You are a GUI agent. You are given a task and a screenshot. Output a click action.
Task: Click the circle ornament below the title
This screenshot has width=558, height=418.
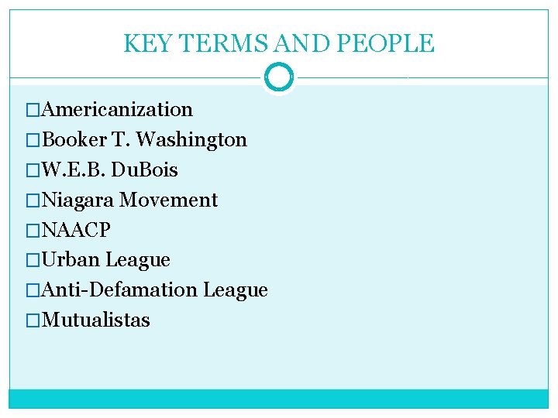pos(279,77)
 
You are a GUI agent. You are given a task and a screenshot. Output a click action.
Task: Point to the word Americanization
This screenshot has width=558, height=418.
pos(118,110)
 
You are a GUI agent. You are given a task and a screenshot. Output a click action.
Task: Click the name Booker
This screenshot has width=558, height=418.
pos(74,140)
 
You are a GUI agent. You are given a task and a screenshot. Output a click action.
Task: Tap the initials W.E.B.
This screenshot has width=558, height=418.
pos(73,170)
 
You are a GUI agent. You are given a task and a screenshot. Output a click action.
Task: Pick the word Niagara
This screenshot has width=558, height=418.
pos(79,200)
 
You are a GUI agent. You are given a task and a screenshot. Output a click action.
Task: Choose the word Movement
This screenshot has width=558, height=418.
pos(169,200)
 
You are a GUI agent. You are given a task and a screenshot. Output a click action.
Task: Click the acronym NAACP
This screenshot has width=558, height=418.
pos(77,230)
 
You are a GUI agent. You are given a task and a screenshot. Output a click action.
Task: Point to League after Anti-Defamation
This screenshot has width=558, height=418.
pos(235,290)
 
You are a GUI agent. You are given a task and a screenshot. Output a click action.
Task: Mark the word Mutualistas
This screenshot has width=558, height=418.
pos(96,320)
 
